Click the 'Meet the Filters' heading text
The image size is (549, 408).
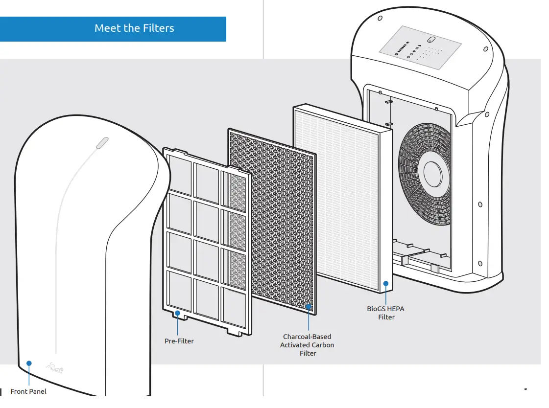click(134, 28)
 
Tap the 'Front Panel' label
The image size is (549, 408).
click(28, 391)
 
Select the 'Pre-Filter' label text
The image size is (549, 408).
click(179, 341)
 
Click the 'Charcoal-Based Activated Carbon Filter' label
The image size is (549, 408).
click(307, 345)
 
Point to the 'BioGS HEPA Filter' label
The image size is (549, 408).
click(386, 313)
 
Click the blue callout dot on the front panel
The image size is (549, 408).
click(29, 363)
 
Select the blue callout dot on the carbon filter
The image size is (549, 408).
click(309, 307)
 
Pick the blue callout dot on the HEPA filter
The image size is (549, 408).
click(386, 283)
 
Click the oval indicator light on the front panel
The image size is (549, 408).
click(102, 142)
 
